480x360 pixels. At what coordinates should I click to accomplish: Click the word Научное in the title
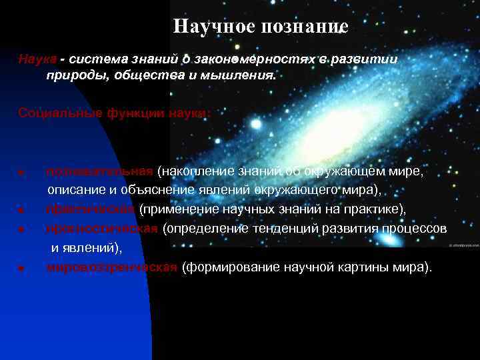click(211, 27)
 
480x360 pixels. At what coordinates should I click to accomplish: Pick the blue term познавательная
click(100, 172)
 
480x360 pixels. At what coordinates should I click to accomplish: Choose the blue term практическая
click(91, 209)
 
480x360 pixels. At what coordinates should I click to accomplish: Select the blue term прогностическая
click(102, 229)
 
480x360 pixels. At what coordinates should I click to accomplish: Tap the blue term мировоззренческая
click(111, 267)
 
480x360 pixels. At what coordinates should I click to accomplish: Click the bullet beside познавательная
click(22, 173)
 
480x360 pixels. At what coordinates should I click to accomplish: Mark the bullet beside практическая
click(22, 211)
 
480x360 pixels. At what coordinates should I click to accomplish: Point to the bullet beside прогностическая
click(22, 230)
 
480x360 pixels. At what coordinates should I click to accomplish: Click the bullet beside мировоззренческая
click(22, 269)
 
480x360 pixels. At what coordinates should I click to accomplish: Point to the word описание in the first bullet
click(73, 190)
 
